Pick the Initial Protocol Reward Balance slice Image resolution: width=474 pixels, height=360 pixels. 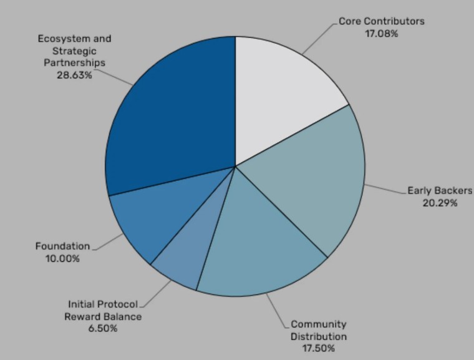coord(181,262)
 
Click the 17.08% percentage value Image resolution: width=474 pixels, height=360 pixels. coord(381,33)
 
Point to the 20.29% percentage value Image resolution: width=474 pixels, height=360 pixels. coord(440,203)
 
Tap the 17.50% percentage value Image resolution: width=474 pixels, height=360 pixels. coord(318,348)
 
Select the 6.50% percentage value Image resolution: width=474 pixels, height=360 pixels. coord(103,328)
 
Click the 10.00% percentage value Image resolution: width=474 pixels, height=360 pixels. coord(62,258)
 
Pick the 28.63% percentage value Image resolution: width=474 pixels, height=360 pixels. coord(74,75)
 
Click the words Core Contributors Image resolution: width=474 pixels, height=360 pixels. coord(381,21)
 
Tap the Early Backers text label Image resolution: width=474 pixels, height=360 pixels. coord(440,190)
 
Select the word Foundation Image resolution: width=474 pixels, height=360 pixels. coord(62,246)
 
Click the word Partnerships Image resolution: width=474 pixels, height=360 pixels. coord(74,63)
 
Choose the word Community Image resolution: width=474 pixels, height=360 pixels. coord(318,324)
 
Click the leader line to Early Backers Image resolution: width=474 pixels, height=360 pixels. coord(387,190)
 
